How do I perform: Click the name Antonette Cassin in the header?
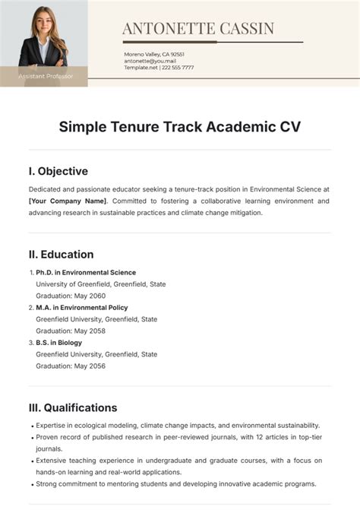click(198, 29)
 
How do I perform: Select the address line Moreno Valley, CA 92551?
click(154, 54)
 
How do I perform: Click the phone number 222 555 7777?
click(178, 68)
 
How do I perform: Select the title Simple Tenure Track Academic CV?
click(180, 126)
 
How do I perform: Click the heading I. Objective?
click(58, 171)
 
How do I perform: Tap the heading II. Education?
click(62, 254)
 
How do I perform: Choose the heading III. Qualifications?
click(73, 407)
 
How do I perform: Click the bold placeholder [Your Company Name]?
click(68, 201)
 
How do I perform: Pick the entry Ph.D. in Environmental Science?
click(86, 272)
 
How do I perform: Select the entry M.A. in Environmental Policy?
click(82, 308)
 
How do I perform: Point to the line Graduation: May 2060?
click(71, 296)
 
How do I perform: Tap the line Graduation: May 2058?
click(71, 331)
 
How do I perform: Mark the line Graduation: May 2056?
click(71, 366)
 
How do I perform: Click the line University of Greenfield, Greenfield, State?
click(101, 284)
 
